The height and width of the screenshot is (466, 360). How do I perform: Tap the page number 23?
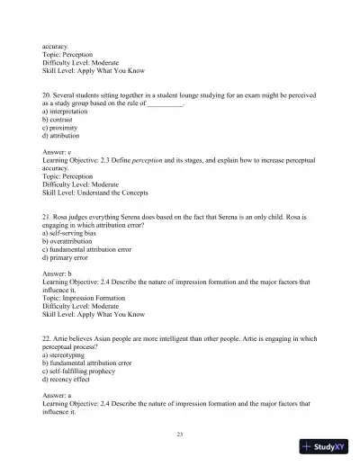point(181,435)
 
